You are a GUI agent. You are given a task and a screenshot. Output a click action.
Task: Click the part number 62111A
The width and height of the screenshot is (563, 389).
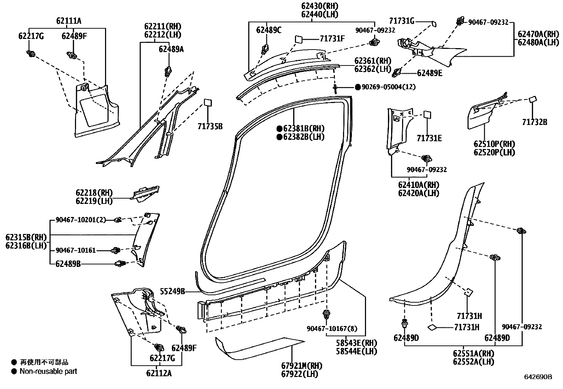(x=69, y=21)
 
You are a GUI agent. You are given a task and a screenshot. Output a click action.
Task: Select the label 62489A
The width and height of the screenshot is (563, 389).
(x=171, y=49)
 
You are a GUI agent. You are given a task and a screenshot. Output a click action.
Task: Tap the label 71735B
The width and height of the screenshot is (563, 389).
(x=210, y=126)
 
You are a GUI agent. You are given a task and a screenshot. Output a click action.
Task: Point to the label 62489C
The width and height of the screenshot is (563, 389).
(x=269, y=30)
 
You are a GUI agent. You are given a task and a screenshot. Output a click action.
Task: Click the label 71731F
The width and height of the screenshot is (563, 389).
(x=332, y=39)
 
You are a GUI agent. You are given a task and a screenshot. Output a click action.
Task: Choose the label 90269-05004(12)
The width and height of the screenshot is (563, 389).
(x=388, y=87)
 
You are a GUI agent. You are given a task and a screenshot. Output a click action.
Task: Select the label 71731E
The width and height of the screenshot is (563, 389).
(x=429, y=138)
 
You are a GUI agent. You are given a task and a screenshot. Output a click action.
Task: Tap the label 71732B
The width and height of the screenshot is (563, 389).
(x=534, y=122)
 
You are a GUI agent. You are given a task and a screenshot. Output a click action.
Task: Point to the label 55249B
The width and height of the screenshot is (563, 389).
(x=173, y=291)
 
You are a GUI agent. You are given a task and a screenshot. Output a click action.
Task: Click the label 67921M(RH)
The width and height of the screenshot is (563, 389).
(x=297, y=366)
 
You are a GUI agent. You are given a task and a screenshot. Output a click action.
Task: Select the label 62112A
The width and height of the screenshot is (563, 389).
(x=159, y=373)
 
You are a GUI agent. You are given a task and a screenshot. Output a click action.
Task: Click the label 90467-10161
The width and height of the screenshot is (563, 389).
(x=76, y=251)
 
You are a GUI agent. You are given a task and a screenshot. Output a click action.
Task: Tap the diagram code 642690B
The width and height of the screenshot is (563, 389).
(x=538, y=377)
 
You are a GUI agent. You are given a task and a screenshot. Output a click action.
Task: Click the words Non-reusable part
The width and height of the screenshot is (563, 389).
(x=48, y=371)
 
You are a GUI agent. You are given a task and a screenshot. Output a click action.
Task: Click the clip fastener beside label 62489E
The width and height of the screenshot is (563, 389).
(x=397, y=73)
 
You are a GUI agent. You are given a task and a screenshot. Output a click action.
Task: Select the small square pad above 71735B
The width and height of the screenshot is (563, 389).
(x=208, y=102)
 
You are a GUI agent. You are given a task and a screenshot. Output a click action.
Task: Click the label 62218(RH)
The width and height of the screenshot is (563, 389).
(x=94, y=193)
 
